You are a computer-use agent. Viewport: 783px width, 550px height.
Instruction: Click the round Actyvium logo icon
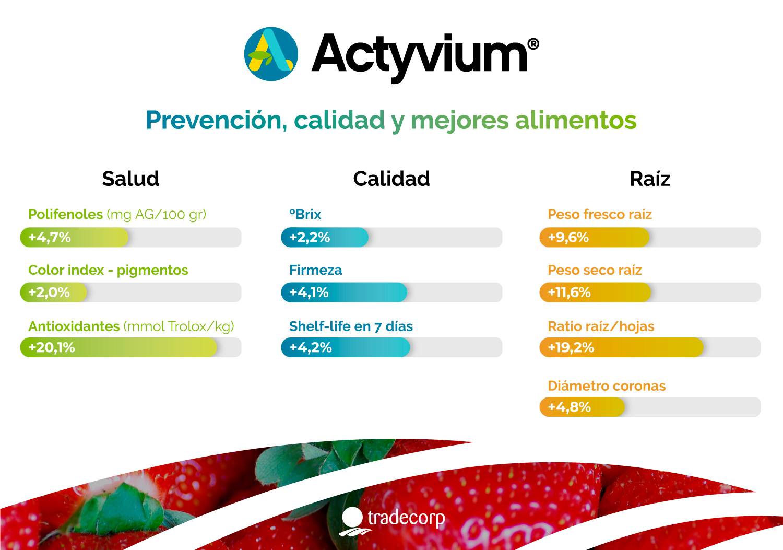(x=271, y=54)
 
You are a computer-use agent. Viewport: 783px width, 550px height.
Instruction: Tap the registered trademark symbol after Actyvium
(x=533, y=44)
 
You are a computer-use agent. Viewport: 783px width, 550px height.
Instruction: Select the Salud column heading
(x=130, y=179)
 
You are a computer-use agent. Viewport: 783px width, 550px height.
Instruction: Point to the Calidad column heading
(x=391, y=179)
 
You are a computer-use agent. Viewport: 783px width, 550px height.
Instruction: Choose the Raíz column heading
(x=650, y=179)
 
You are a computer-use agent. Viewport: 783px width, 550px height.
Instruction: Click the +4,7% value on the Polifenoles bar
(x=50, y=237)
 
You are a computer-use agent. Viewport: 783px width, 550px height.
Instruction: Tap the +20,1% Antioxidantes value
(x=52, y=347)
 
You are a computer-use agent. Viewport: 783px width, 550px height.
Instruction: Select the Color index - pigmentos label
(x=109, y=270)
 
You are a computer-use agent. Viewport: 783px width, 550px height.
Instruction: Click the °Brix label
(x=305, y=214)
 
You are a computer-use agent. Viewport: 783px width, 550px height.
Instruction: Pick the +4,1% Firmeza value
(x=309, y=292)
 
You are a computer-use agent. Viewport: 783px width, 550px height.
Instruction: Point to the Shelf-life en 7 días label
(x=351, y=326)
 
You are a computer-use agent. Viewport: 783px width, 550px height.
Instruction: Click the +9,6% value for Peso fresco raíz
(x=568, y=237)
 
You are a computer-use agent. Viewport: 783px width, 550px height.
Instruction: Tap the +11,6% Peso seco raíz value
(x=570, y=292)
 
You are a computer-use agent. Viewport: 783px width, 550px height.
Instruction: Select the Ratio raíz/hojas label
(x=601, y=326)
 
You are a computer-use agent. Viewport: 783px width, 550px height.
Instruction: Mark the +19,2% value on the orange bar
(x=571, y=347)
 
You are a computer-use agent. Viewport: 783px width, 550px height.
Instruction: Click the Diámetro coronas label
(x=607, y=386)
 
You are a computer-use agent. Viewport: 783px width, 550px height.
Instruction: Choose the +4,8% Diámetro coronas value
(x=570, y=407)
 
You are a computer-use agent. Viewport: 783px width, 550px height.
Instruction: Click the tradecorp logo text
(x=406, y=518)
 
